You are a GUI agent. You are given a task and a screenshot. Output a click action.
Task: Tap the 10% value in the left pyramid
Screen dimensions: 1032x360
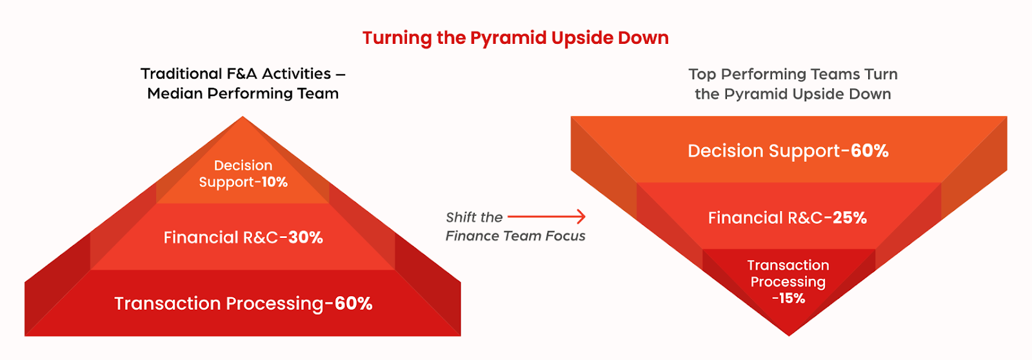pyautogui.click(x=275, y=182)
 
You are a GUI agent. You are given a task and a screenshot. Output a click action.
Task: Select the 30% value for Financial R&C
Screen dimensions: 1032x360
pyautogui.click(x=306, y=237)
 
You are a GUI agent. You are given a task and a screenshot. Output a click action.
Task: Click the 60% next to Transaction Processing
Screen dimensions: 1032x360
pyautogui.click(x=353, y=303)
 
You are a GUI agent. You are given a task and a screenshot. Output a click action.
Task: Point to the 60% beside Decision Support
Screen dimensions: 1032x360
pyautogui.click(x=870, y=151)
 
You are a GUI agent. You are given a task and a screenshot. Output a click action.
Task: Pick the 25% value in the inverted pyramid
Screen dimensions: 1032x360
pyautogui.click(x=849, y=217)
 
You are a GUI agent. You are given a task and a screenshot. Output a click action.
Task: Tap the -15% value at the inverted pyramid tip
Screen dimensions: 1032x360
pyautogui.click(x=788, y=298)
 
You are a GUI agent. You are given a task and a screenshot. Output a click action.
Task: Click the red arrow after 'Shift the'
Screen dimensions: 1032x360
pyautogui.click(x=546, y=215)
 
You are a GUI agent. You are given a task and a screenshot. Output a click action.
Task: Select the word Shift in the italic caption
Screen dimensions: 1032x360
pyautogui.click(x=461, y=217)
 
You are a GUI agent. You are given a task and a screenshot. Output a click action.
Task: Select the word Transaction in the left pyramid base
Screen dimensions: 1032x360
pyautogui.click(x=168, y=303)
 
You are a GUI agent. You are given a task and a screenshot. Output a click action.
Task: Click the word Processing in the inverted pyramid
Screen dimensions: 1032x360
pyautogui.click(x=788, y=282)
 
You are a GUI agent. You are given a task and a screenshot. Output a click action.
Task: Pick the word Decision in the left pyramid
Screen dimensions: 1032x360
pyautogui.click(x=243, y=165)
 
